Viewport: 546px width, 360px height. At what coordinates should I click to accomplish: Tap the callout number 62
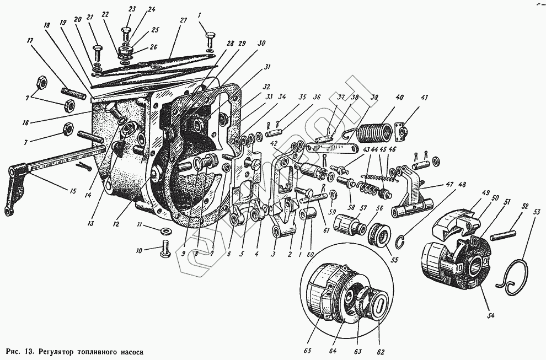click(x=381, y=351)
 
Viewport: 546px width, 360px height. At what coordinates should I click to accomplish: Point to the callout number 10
click(x=138, y=251)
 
